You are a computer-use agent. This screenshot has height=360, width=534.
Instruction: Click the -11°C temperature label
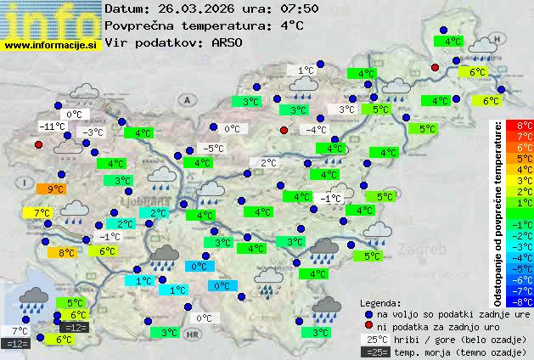click(53, 127)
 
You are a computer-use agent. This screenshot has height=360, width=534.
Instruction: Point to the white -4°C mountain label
click(316, 130)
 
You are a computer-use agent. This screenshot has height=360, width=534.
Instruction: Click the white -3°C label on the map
click(92, 132)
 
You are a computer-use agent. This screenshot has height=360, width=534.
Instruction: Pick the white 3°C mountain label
click(346, 110)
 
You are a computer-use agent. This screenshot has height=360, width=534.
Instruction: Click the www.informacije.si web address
click(51, 45)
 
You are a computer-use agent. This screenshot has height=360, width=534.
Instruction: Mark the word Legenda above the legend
click(381, 302)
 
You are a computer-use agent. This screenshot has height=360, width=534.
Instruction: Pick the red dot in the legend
click(368, 326)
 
